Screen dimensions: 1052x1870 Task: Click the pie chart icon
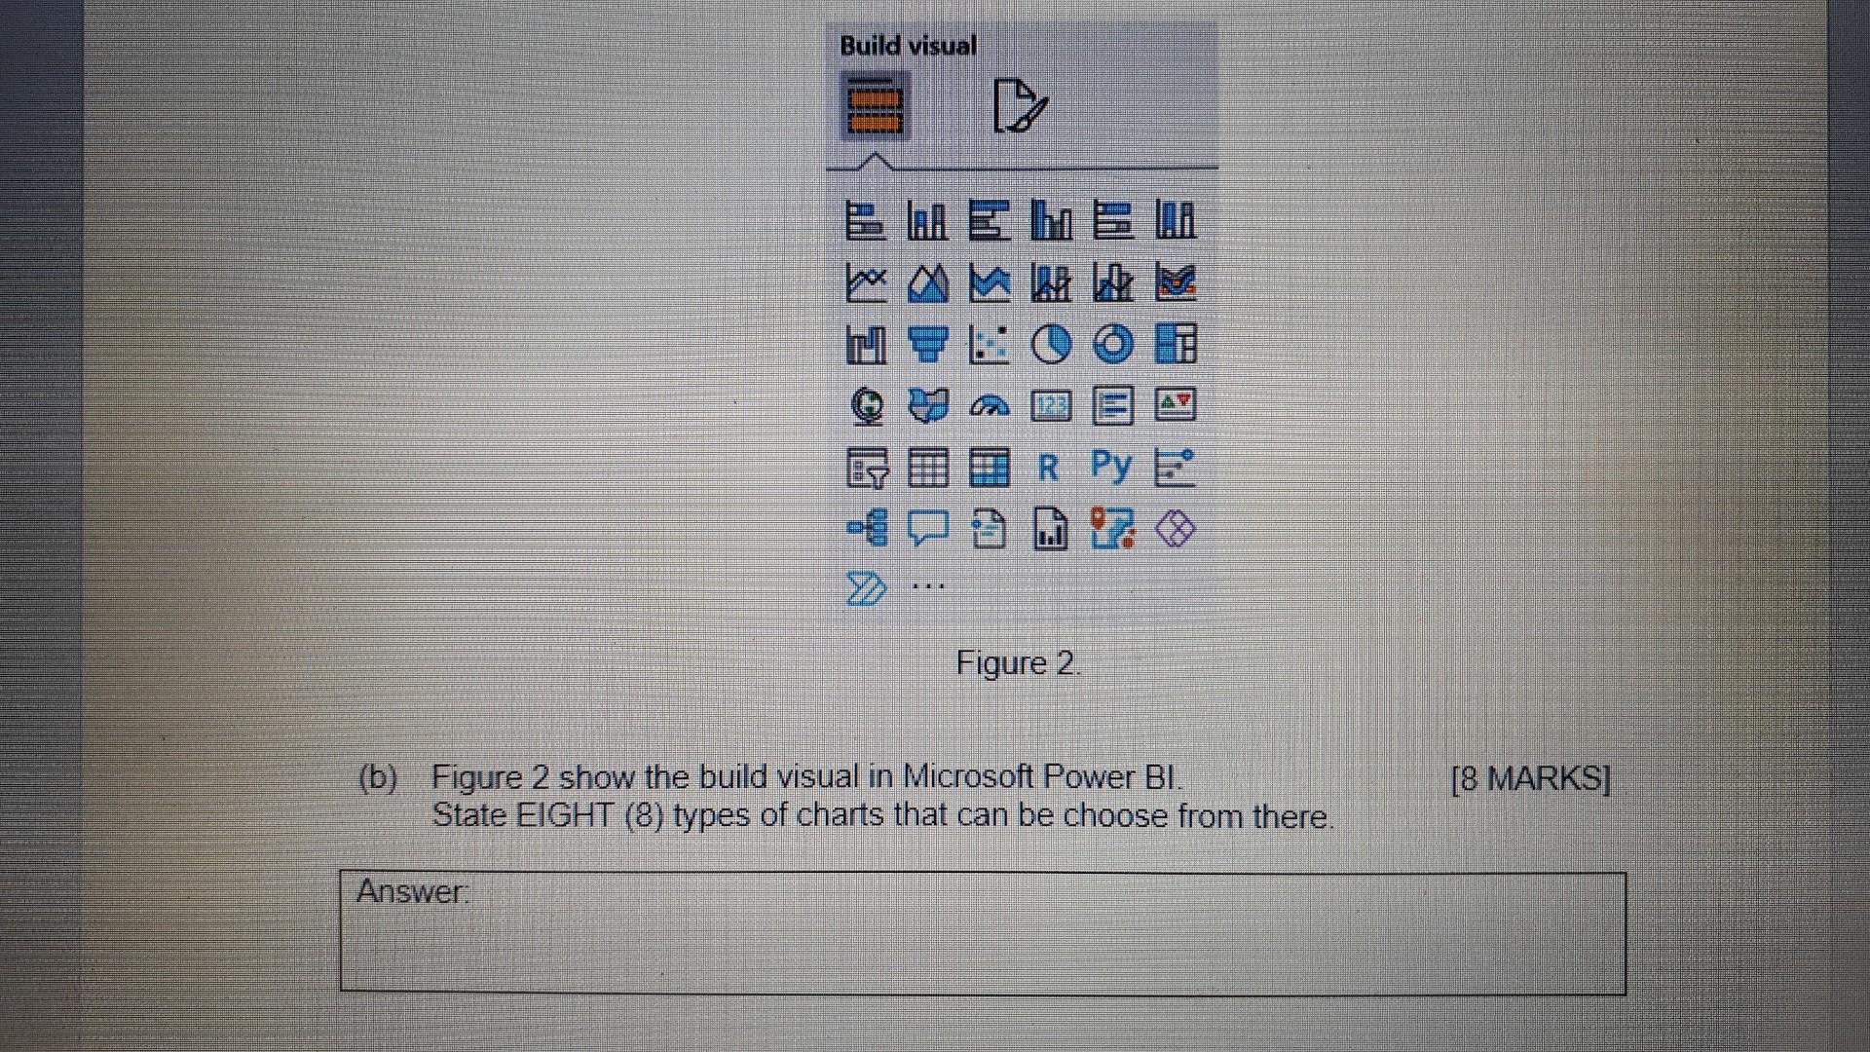pyautogui.click(x=1050, y=344)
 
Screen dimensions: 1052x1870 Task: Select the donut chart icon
pyautogui.click(x=1113, y=344)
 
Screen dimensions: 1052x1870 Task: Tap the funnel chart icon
pyautogui.click(x=927, y=344)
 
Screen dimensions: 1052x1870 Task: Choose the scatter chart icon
pyautogui.click(x=988, y=344)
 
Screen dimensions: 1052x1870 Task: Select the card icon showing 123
pyautogui.click(x=1051, y=405)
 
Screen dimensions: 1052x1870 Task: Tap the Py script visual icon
pyautogui.click(x=1111, y=466)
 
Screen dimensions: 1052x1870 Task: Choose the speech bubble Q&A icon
pyautogui.click(x=927, y=529)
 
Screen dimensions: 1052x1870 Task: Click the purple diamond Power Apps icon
pyautogui.click(x=1175, y=530)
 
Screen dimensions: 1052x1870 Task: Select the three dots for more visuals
pyautogui.click(x=928, y=586)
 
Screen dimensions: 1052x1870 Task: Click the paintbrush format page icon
pyautogui.click(x=1019, y=106)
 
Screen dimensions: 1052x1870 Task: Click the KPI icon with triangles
pyautogui.click(x=1175, y=405)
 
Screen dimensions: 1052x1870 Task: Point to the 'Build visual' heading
pyautogui.click(x=908, y=46)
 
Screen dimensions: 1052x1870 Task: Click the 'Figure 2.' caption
pyautogui.click(x=1018, y=663)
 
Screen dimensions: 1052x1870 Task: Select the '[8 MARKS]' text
pyautogui.click(x=1530, y=779)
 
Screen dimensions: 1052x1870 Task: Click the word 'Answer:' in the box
pyautogui.click(x=412, y=891)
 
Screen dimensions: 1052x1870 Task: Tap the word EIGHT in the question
pyautogui.click(x=566, y=815)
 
